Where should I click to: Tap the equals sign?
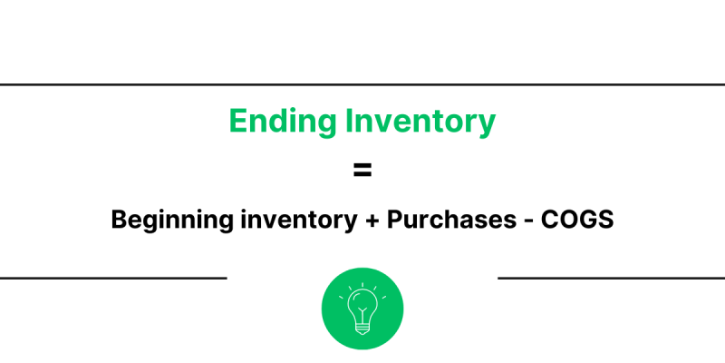click(x=362, y=170)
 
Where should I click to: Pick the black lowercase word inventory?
click(x=295, y=221)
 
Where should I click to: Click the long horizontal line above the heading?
click(x=362, y=84)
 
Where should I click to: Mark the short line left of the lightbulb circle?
click(x=113, y=278)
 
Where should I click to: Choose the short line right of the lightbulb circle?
click(x=612, y=278)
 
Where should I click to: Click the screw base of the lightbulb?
click(x=362, y=328)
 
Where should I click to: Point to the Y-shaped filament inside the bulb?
click(x=362, y=310)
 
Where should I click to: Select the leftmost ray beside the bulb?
click(x=342, y=297)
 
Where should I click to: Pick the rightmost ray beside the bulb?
click(x=383, y=297)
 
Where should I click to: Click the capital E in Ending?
click(x=237, y=122)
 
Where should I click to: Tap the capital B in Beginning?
click(x=119, y=221)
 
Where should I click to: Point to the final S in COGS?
click(x=605, y=221)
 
